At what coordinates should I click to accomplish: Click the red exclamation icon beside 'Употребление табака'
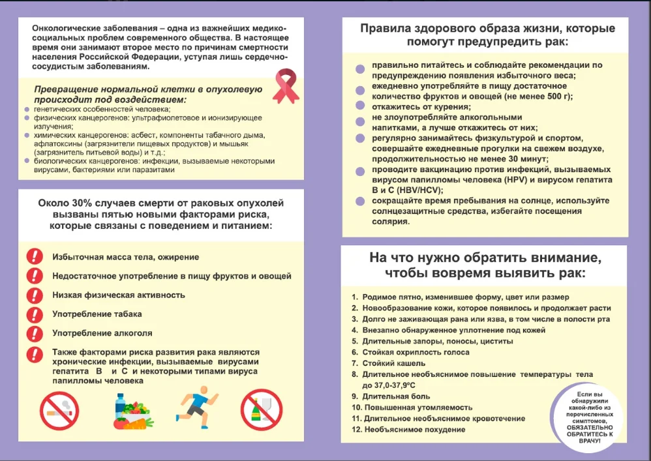pos(35,314)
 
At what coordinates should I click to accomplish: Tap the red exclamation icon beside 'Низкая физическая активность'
pos(35,295)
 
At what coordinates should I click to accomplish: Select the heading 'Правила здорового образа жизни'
pos(457,29)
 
